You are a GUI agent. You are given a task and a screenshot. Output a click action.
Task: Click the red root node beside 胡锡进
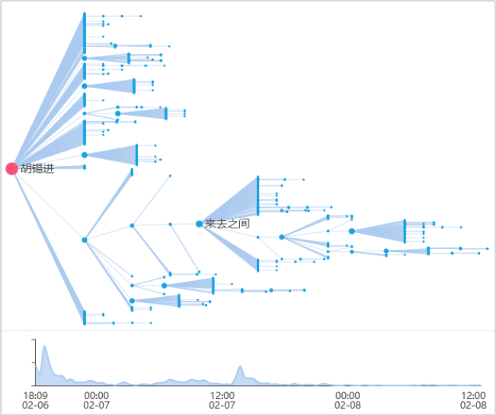pyautogui.click(x=11, y=168)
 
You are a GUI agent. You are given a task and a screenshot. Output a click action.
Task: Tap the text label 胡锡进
pyautogui.click(x=37, y=168)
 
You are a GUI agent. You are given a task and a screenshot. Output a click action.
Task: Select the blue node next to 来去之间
pyautogui.click(x=199, y=224)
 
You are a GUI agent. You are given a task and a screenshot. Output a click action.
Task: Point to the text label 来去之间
pyautogui.click(x=227, y=224)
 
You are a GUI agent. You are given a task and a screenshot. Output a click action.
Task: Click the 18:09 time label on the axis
pyautogui.click(x=35, y=395)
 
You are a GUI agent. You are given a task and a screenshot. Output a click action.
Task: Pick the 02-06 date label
pyautogui.click(x=35, y=406)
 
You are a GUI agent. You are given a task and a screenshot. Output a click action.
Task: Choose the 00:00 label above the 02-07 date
pyautogui.click(x=97, y=395)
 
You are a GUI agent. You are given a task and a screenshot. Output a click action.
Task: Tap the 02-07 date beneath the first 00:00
pyautogui.click(x=97, y=406)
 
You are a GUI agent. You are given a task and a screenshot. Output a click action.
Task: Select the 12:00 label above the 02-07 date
pyautogui.click(x=222, y=395)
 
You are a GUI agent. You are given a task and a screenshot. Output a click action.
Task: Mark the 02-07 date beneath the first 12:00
pyautogui.click(x=222, y=406)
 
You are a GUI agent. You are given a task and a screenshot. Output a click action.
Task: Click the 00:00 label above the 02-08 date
pyautogui.click(x=347, y=395)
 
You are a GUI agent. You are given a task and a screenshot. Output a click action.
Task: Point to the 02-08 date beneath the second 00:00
pyautogui.click(x=347, y=406)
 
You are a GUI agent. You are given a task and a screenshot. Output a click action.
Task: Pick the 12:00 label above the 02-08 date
pyautogui.click(x=472, y=395)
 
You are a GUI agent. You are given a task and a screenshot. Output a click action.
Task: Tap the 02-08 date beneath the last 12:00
pyautogui.click(x=472, y=406)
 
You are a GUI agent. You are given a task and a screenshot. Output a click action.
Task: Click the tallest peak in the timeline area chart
pyautogui.click(x=45, y=347)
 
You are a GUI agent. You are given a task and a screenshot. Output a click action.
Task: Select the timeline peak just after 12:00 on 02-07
pyautogui.click(x=241, y=368)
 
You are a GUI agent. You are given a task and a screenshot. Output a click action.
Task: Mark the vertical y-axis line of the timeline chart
pyautogui.click(x=35, y=362)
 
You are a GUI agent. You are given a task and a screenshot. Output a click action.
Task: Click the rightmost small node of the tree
pyautogui.click(x=487, y=249)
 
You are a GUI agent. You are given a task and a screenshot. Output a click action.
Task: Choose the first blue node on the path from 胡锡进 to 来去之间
pyautogui.click(x=85, y=240)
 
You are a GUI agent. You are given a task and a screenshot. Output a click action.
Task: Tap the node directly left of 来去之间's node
pyautogui.click(x=170, y=225)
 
